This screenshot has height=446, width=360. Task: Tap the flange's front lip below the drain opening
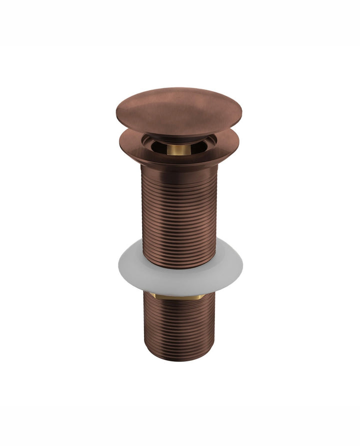tap(179, 159)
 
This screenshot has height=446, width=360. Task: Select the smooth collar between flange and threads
tap(179, 168)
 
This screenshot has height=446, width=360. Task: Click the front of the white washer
tap(179, 282)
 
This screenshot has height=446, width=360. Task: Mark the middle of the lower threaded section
tap(179, 325)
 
